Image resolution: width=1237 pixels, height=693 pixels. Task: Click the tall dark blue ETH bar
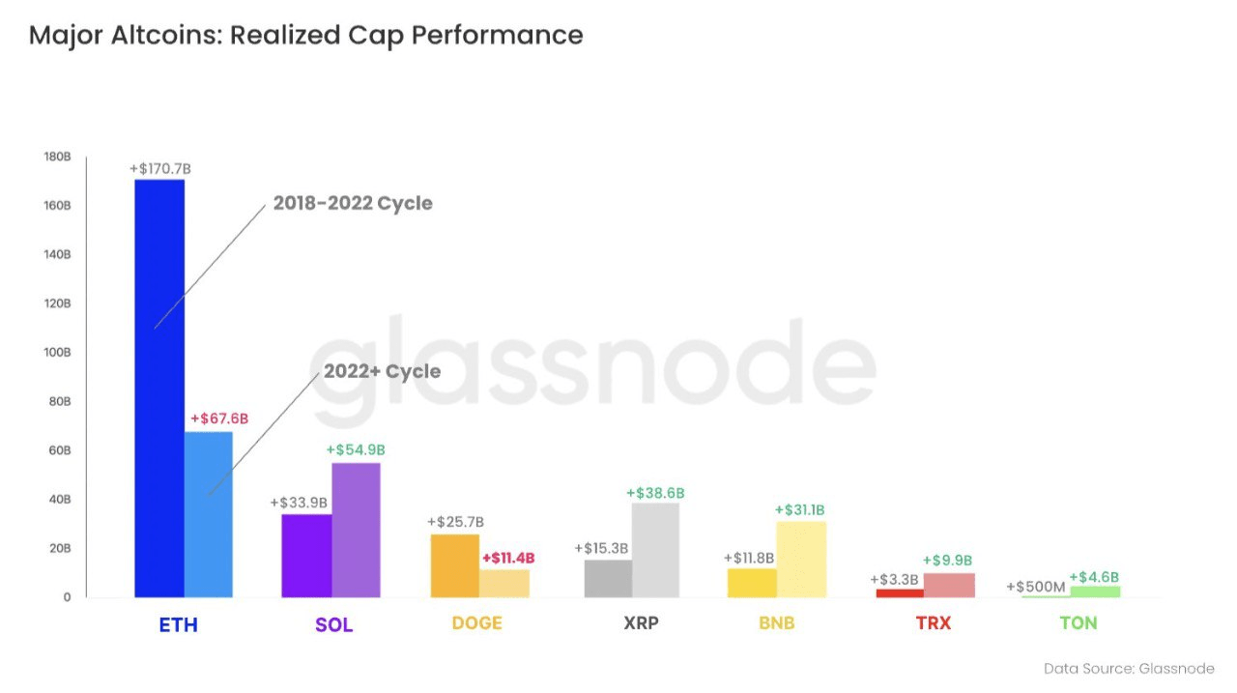click(159, 387)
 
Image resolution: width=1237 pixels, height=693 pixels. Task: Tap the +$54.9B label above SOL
click(356, 450)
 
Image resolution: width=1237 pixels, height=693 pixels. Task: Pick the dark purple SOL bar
click(306, 556)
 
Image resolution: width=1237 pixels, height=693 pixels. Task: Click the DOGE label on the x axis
click(476, 623)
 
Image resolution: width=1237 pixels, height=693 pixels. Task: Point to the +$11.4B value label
click(508, 558)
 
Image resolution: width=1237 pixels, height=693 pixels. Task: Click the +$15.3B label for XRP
click(601, 548)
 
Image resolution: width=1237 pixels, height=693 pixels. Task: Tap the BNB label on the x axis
click(776, 623)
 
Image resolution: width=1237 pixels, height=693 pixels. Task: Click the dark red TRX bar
click(900, 592)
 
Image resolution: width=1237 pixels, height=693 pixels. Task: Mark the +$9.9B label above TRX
click(947, 561)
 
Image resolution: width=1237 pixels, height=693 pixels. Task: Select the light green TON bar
click(1095, 592)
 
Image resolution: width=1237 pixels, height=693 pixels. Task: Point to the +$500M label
click(1036, 587)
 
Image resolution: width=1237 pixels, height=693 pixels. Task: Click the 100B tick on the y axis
click(58, 353)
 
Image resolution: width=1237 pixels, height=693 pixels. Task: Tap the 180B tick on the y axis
click(58, 157)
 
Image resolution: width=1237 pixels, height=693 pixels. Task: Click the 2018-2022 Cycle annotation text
click(353, 204)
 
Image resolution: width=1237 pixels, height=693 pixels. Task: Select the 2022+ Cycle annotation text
click(382, 372)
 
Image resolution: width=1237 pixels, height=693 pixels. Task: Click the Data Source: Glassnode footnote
click(1129, 669)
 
